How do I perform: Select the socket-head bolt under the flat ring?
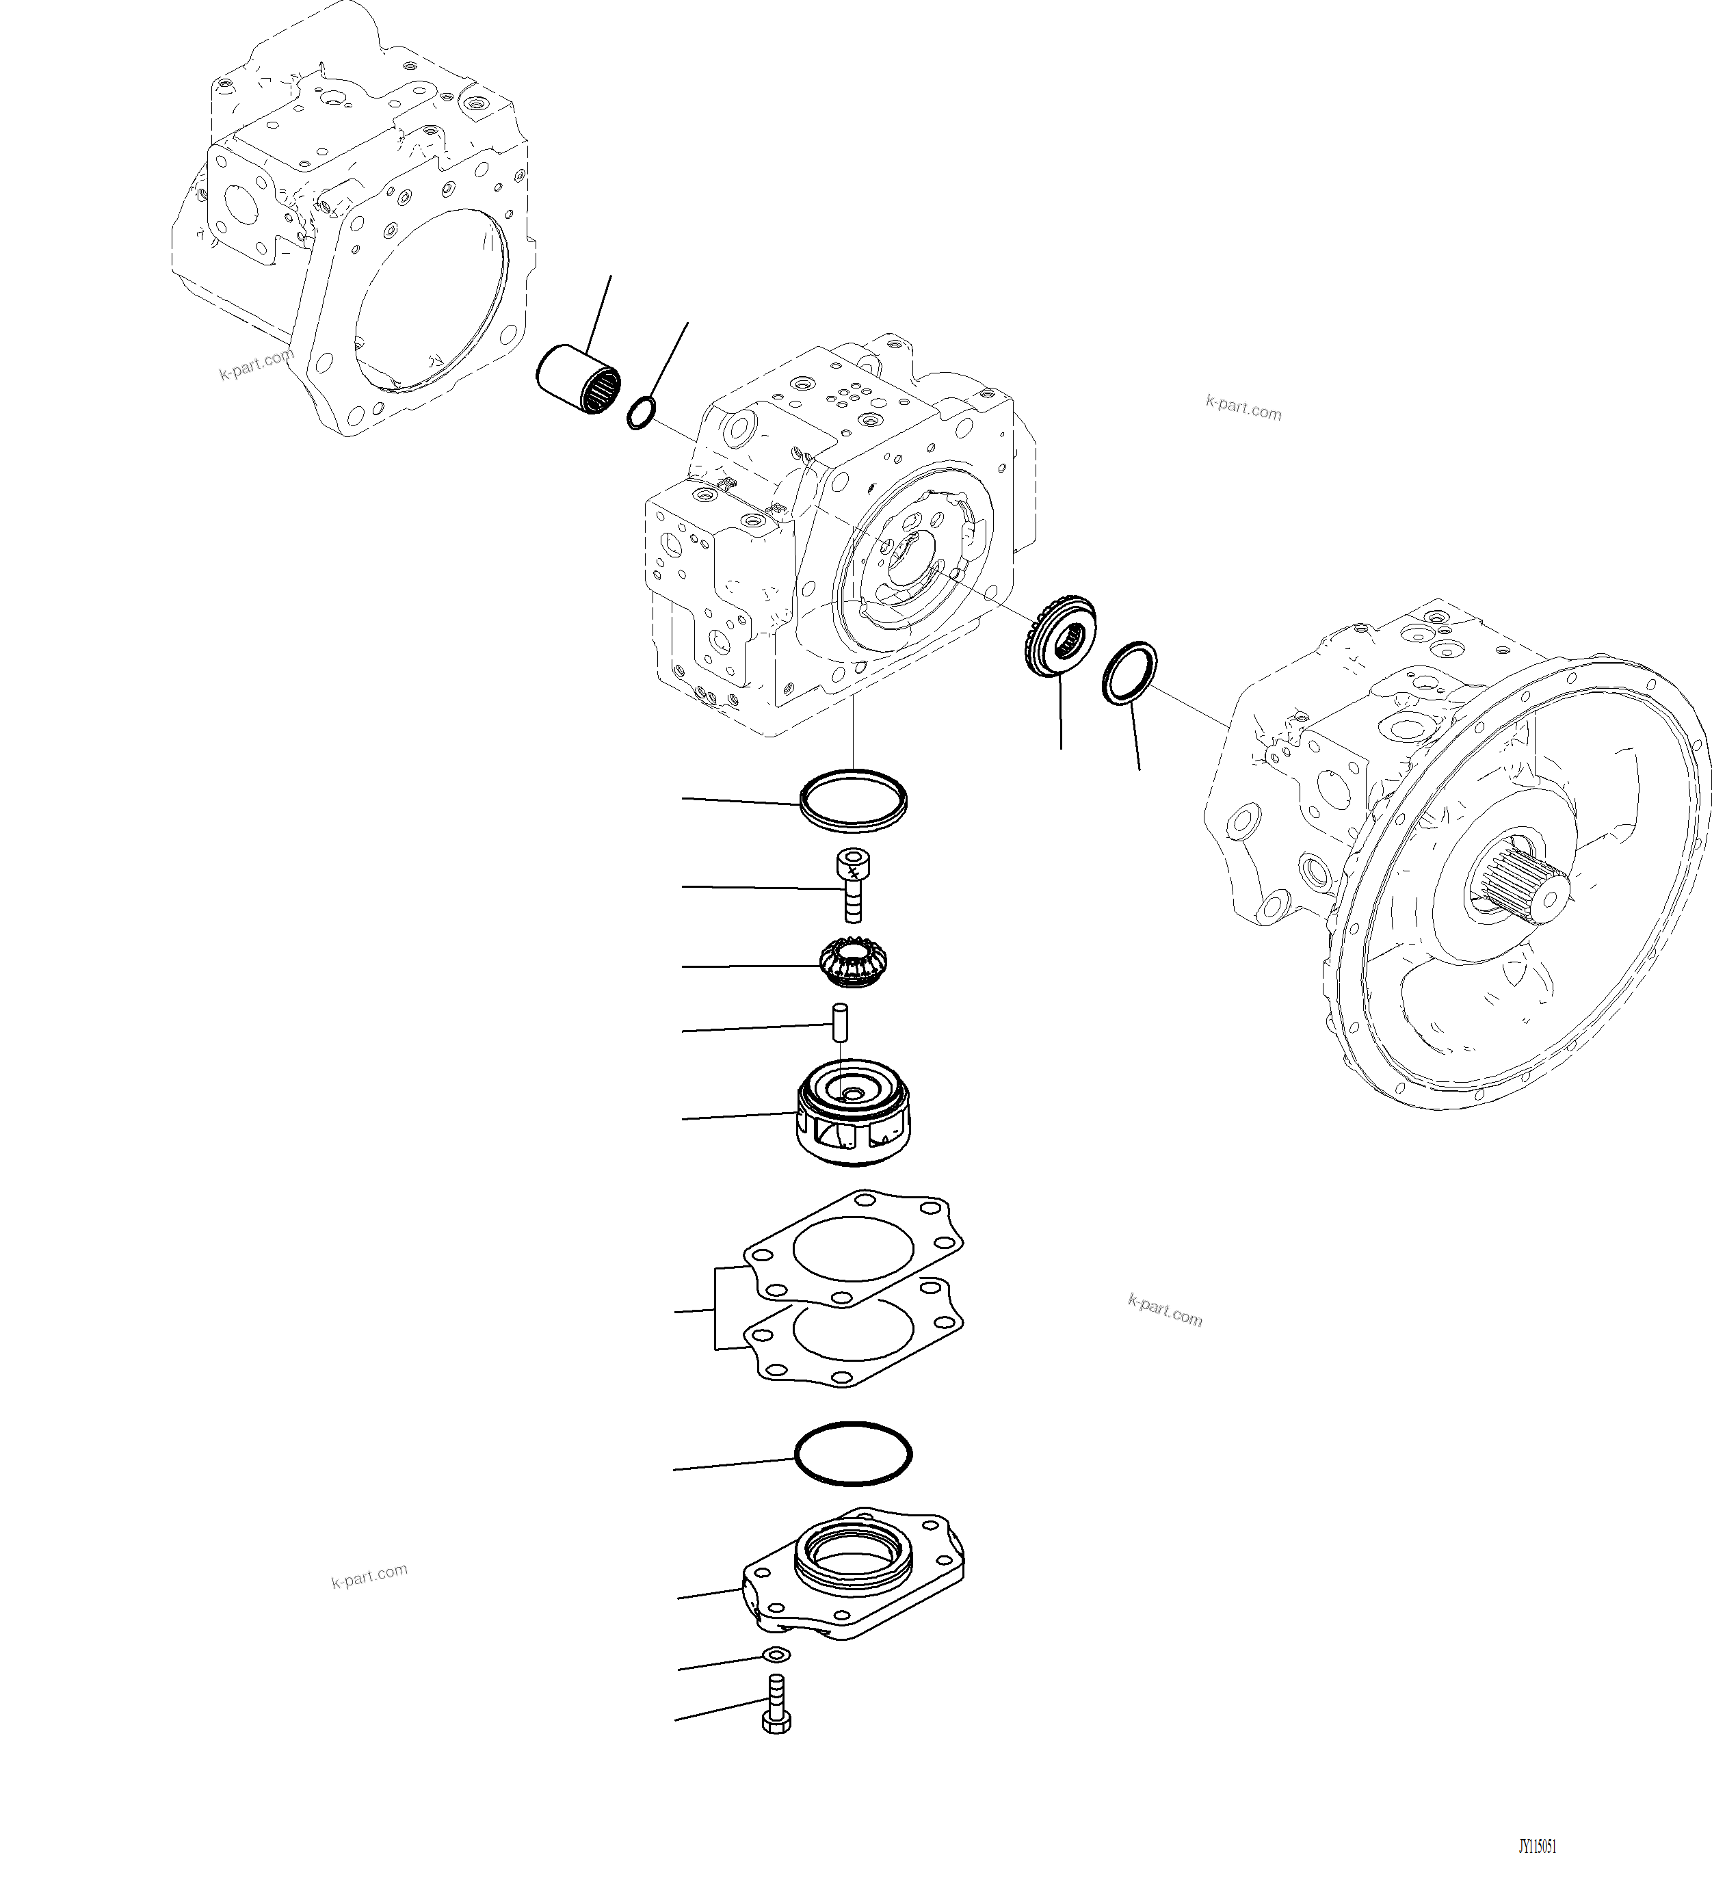(x=851, y=884)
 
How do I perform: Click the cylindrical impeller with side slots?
(x=853, y=1113)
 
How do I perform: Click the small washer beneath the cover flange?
(x=777, y=1655)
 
